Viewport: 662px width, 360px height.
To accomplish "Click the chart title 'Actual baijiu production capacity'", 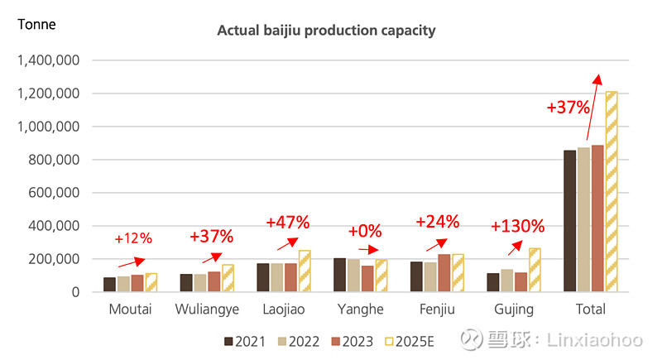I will pos(326,31).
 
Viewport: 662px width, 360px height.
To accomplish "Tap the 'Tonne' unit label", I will pos(36,24).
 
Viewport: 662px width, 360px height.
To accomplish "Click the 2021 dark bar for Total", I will pos(569,221).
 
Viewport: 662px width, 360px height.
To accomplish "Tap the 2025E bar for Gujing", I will pos(535,270).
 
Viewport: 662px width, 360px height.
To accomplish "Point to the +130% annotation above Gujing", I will pos(517,226).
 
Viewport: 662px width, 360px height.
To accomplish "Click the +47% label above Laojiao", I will pos(287,222).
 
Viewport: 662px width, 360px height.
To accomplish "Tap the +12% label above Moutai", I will pos(133,238).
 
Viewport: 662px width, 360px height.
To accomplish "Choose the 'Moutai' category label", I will pos(129,310).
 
